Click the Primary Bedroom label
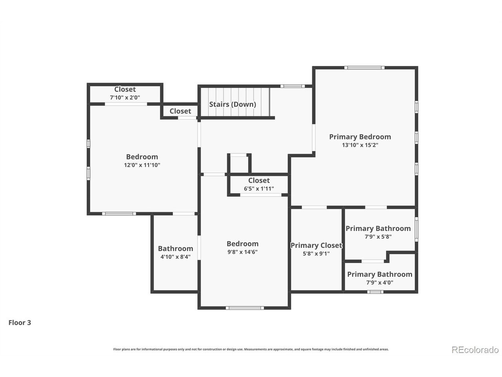pos(360,137)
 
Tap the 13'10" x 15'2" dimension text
pos(360,145)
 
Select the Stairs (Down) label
pos(233,104)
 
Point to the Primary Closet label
pos(316,245)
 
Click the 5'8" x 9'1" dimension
pos(316,254)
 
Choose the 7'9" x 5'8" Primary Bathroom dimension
pos(378,237)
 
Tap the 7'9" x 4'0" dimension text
pos(380,282)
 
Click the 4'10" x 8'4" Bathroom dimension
pos(175,257)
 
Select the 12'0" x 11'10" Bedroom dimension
pos(142,165)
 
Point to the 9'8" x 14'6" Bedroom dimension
pos(242,252)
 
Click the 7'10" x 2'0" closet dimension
pos(125,97)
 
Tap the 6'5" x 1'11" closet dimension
pos(259,188)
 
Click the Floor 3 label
pos(20,322)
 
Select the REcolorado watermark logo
pos(475,350)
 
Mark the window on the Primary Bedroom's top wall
pos(364,68)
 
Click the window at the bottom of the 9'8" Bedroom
pos(245,308)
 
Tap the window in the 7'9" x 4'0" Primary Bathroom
pos(375,292)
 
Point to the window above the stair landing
pos(293,86)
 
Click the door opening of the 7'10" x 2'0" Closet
pos(126,104)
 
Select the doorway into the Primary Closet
pos(314,207)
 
